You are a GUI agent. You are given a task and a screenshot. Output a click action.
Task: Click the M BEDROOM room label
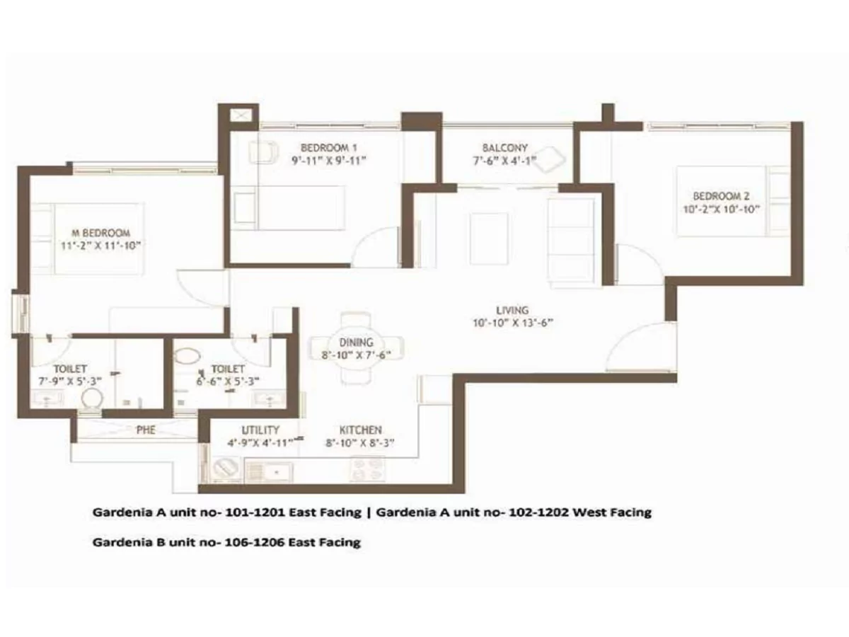103,233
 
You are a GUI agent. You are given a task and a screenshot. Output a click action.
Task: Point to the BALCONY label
505,148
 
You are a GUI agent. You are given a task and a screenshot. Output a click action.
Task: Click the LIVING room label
512,310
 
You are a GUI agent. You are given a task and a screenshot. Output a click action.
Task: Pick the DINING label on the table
355,343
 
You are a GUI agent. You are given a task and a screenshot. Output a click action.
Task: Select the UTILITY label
260,430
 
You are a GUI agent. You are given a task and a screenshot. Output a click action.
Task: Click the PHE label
146,430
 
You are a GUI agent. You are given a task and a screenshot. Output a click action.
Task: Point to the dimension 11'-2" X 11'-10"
103,246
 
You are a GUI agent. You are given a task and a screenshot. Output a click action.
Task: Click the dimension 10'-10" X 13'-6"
512,323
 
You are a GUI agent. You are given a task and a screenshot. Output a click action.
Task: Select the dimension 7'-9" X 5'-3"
70,381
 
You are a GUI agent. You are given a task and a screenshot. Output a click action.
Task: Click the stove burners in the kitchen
366,468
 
